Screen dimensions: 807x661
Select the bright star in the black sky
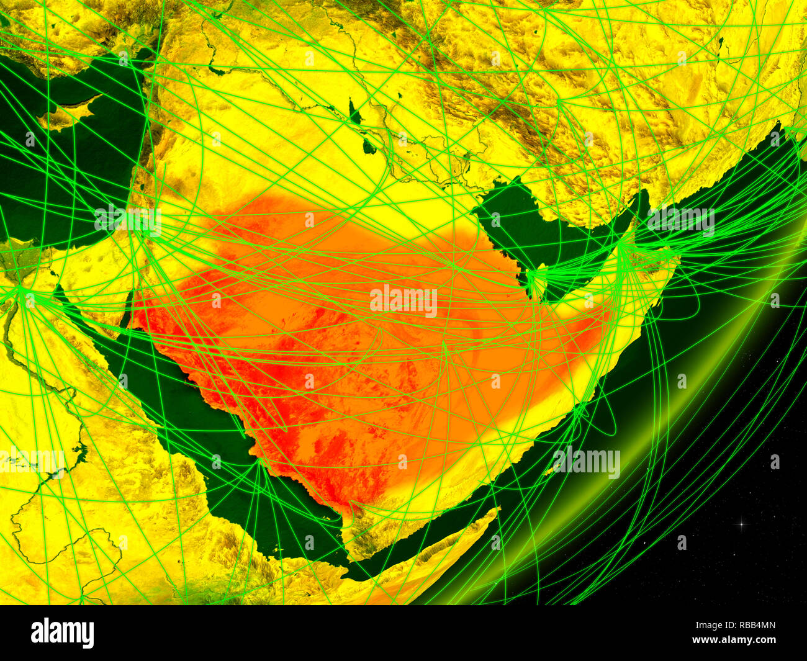(741, 524)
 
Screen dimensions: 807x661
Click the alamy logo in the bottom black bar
(62, 633)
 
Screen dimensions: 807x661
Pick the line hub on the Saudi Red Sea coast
(259, 462)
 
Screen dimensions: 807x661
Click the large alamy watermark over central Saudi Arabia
(403, 301)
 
